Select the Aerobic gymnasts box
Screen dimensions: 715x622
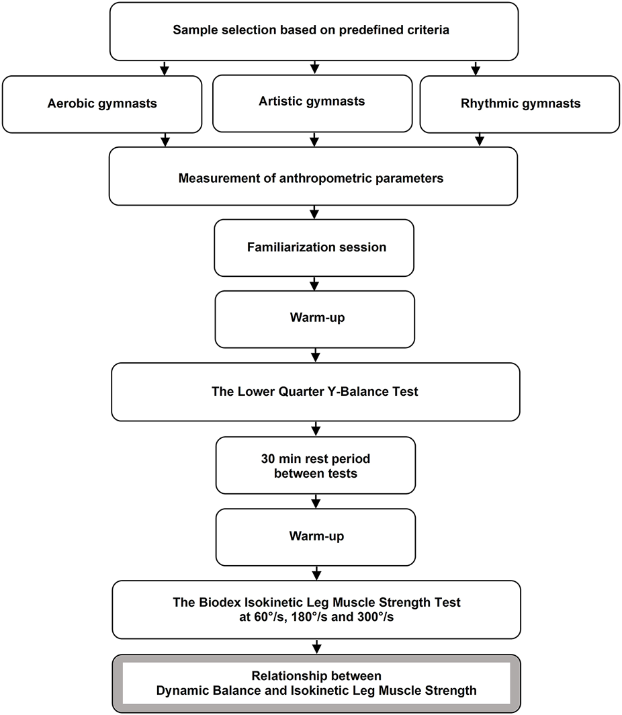coord(102,103)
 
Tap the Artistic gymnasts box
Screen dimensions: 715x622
coord(312,101)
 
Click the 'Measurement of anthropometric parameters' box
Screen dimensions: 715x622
coord(313,178)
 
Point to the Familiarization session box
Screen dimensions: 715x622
coord(314,247)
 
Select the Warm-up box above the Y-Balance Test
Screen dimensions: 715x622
coord(314,319)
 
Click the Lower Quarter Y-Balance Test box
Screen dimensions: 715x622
coord(316,391)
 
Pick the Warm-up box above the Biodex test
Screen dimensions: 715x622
coord(315,536)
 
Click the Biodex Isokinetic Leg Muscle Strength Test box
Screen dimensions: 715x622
coord(316,609)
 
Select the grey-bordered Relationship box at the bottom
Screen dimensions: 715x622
coord(316,683)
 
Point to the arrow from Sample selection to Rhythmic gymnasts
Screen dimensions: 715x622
coord(476,68)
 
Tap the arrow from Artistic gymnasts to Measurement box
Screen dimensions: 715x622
coord(314,139)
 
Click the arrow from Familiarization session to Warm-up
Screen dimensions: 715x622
coord(314,283)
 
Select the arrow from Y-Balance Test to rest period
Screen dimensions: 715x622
coord(315,428)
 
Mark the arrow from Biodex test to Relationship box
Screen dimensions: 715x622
coord(316,646)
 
